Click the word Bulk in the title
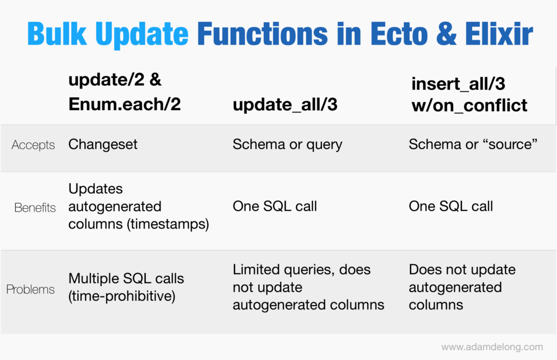[x=57, y=34]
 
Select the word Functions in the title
[x=262, y=34]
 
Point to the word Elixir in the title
[x=499, y=34]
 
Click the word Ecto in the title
[x=399, y=34]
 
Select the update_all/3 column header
[x=285, y=105]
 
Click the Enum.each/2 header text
[x=125, y=104]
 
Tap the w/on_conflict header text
[x=469, y=105]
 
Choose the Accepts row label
[x=33, y=145]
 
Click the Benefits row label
[x=35, y=207]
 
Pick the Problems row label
[x=30, y=289]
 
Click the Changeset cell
[x=103, y=145]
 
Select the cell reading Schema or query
[x=287, y=145]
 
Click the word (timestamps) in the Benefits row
[x=168, y=224]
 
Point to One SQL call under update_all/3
[x=275, y=206]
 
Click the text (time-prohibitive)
[x=122, y=296]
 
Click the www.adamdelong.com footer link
[x=492, y=347]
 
